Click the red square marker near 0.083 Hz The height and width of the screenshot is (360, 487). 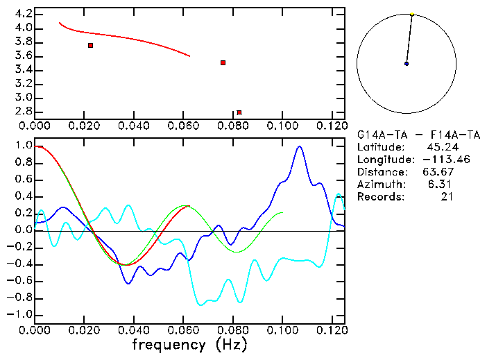239,112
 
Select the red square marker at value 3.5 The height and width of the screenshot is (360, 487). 223,62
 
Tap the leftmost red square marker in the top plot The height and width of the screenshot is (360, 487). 90,45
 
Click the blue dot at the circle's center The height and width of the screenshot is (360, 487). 407,64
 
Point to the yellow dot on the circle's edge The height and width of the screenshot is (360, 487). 412,14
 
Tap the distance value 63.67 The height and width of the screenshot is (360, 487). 437,172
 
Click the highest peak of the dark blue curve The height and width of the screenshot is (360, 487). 299,147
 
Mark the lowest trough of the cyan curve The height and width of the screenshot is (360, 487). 201,305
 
